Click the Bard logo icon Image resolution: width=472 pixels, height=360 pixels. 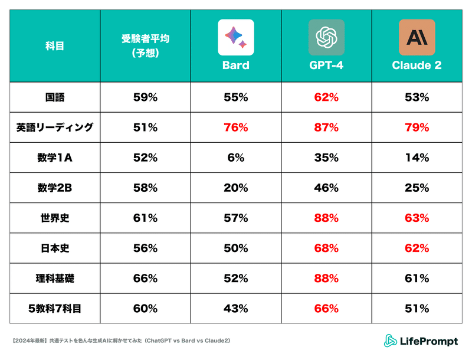click(235, 37)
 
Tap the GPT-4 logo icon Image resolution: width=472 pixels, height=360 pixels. click(326, 37)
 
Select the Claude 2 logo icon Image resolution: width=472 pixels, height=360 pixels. click(417, 37)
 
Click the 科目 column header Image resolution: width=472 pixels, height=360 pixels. click(55, 47)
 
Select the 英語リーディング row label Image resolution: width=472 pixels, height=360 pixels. click(55, 127)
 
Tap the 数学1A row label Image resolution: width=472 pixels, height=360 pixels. click(55, 158)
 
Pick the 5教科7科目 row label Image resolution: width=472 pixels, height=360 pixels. click(55, 308)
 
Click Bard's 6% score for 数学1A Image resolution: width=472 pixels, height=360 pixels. click(235, 158)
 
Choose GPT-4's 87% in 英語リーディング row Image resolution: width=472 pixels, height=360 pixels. click(326, 127)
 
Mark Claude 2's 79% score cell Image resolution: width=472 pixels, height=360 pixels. click(417, 127)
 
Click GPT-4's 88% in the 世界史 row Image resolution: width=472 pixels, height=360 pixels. click(326, 218)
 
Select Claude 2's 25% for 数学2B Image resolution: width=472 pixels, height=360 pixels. click(417, 188)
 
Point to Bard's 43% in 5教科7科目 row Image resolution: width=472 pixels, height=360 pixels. click(235, 308)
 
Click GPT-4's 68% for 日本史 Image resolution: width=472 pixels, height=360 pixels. click(326, 248)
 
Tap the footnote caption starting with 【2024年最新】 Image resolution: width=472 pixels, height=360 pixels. click(121, 341)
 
